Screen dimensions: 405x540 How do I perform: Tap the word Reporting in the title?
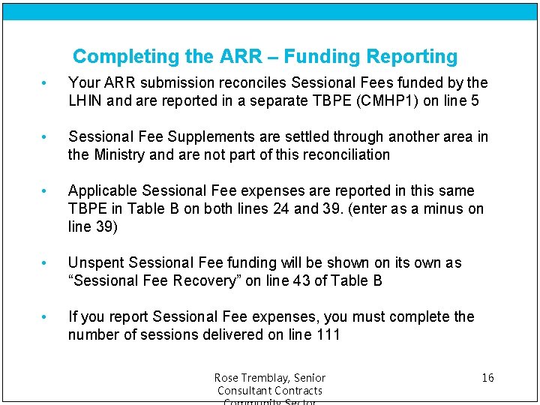[412, 57]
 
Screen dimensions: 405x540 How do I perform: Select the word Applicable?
[103, 190]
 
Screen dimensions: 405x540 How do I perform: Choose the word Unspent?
[96, 262]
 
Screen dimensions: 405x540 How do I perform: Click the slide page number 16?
[487, 377]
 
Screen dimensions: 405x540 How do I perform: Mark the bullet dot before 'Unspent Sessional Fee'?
[46, 263]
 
